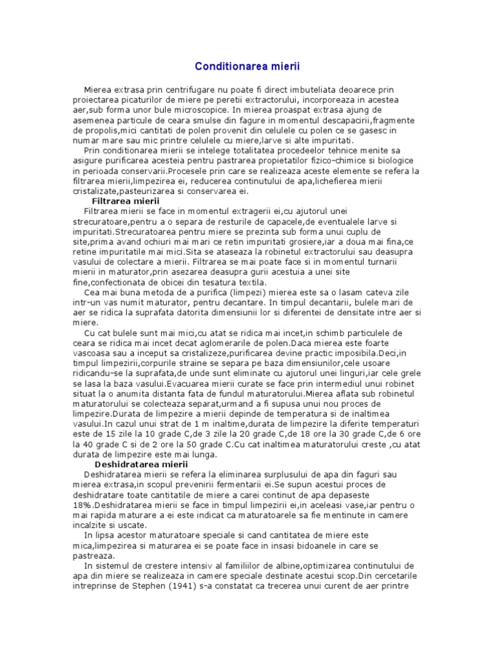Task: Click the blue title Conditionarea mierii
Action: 247,66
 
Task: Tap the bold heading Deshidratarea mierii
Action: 141,463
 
